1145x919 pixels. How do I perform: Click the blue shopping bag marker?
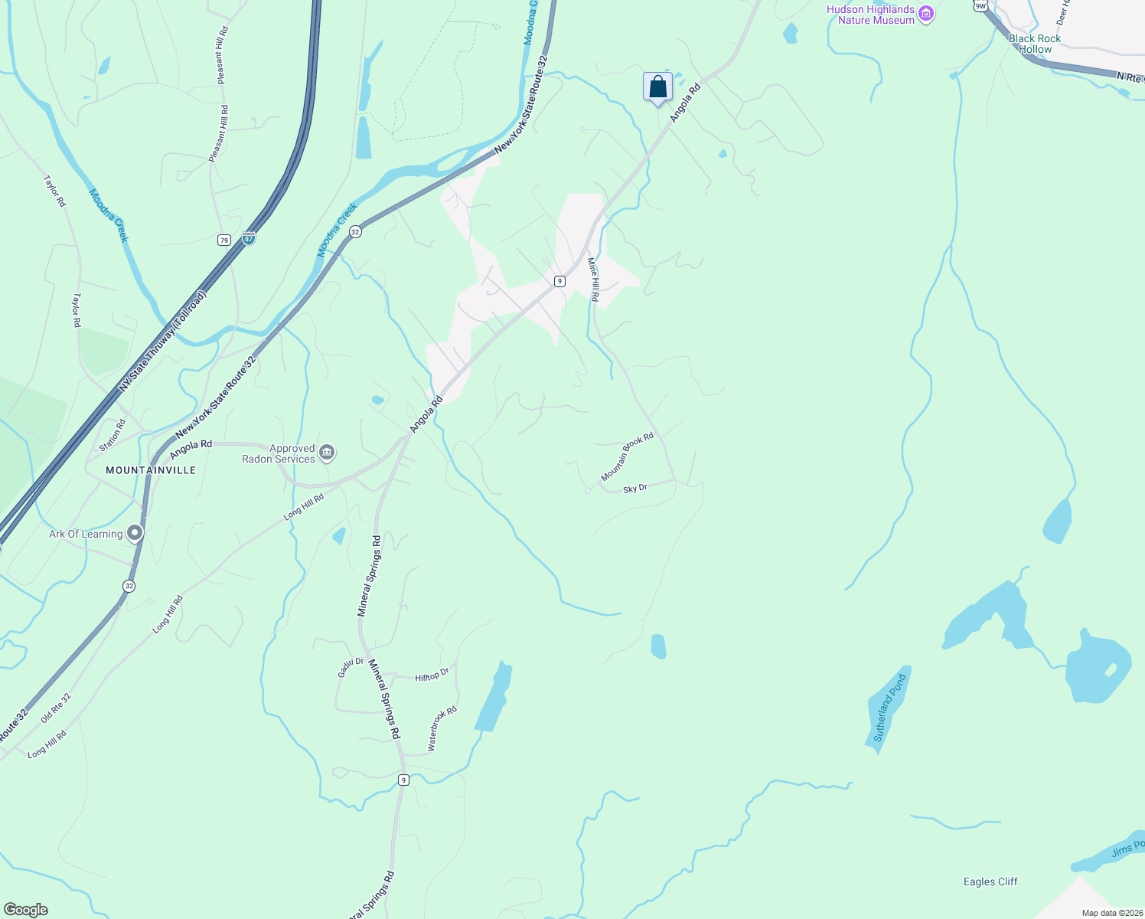[x=657, y=87]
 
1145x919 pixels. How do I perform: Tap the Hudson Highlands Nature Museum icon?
[x=926, y=15]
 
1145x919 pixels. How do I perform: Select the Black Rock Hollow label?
[x=1035, y=44]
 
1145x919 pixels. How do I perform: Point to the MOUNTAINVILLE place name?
[x=151, y=470]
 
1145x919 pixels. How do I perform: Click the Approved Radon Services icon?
[x=327, y=453]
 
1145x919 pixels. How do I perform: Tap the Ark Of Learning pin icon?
[x=135, y=533]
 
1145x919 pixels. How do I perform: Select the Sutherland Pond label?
[x=889, y=708]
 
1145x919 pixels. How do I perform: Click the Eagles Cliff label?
[x=990, y=881]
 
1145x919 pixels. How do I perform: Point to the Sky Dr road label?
[x=635, y=489]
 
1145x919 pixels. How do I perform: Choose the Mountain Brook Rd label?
[x=627, y=457]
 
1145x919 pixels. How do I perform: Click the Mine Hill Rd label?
[x=593, y=279]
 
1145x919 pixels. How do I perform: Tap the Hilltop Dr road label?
[x=432, y=677]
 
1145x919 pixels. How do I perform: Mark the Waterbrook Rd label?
[x=442, y=728]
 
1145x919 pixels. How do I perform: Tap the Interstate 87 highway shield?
[x=249, y=238]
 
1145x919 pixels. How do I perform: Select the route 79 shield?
[x=223, y=240]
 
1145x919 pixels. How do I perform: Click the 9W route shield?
[x=980, y=5]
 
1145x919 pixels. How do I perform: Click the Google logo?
[x=25, y=910]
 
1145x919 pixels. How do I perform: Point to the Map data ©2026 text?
[x=1111, y=913]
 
